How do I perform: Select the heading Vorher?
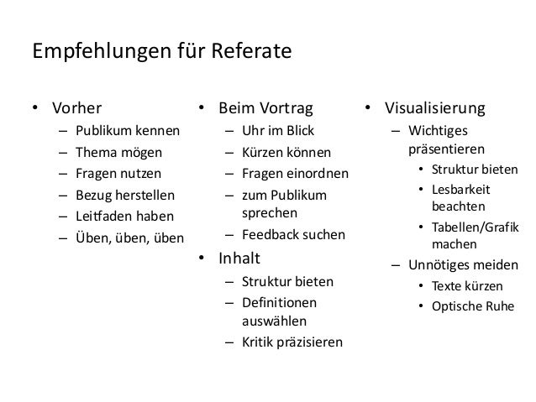click(x=77, y=109)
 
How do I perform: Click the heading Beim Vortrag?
click(x=265, y=109)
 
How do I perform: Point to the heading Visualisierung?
click(x=434, y=109)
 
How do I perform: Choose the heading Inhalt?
click(x=240, y=257)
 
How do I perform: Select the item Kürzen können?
click(x=286, y=154)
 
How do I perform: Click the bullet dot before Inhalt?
click(x=202, y=258)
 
